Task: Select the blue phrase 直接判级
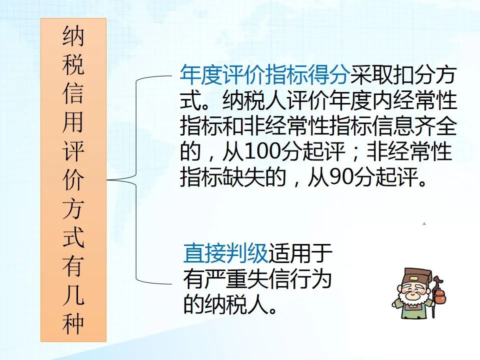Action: [226, 253]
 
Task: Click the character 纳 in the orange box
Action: [73, 36]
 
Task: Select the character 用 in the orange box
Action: [73, 122]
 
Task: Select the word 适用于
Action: [300, 253]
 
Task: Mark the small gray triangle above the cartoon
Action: [424, 224]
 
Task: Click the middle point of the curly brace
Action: [108, 179]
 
